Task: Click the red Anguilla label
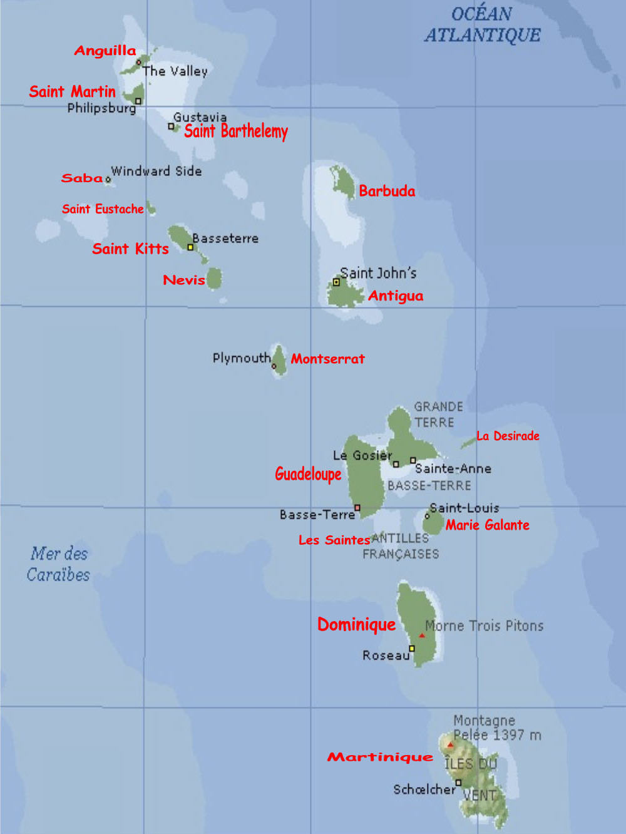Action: [x=105, y=51]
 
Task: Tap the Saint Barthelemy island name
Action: [x=235, y=131]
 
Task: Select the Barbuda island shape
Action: [x=344, y=182]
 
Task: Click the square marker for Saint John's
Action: [x=336, y=282]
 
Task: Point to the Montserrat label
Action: [x=327, y=359]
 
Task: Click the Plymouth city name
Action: [x=241, y=358]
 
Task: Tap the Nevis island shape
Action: [x=214, y=278]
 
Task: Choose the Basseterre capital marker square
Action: [x=190, y=247]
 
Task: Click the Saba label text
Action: [x=82, y=178]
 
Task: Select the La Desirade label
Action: [x=508, y=436]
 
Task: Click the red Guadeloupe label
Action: [x=308, y=474]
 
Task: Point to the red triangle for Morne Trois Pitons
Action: [x=422, y=636]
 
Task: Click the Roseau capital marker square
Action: [x=412, y=648]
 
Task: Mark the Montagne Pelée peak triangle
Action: [x=449, y=744]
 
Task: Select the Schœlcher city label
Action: [x=424, y=790]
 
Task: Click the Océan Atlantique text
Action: [x=482, y=24]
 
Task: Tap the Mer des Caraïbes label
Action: [x=59, y=564]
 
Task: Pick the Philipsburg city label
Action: [x=101, y=108]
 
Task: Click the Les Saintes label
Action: [x=334, y=540]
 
